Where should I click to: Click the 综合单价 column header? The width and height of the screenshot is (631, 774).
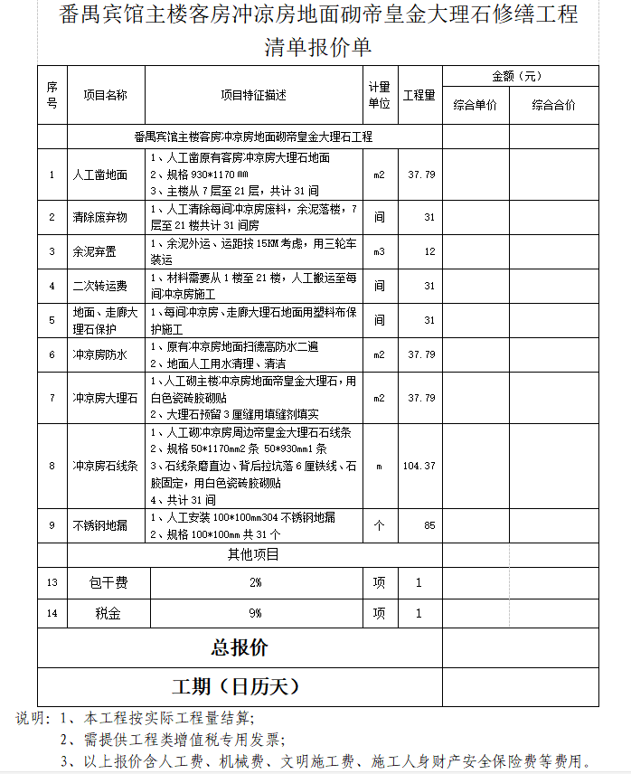(475, 106)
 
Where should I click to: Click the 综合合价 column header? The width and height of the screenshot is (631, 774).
(553, 106)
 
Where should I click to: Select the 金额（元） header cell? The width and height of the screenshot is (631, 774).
(517, 77)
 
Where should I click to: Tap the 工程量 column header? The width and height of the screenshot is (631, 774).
(419, 95)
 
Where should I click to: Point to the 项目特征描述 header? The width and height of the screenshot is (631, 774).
(253, 95)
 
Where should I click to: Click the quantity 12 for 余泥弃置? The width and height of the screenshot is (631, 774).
(429, 251)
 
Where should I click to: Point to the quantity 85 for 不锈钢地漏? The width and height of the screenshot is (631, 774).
(429, 525)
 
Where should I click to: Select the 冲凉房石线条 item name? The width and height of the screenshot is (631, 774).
(105, 466)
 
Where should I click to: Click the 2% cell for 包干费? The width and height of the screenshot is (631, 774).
(255, 583)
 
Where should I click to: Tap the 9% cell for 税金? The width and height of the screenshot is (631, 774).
(255, 614)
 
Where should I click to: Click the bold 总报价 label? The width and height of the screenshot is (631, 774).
(240, 648)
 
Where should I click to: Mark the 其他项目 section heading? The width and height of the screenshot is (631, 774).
(253, 554)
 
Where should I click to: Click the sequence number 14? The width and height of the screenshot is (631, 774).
(52, 614)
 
